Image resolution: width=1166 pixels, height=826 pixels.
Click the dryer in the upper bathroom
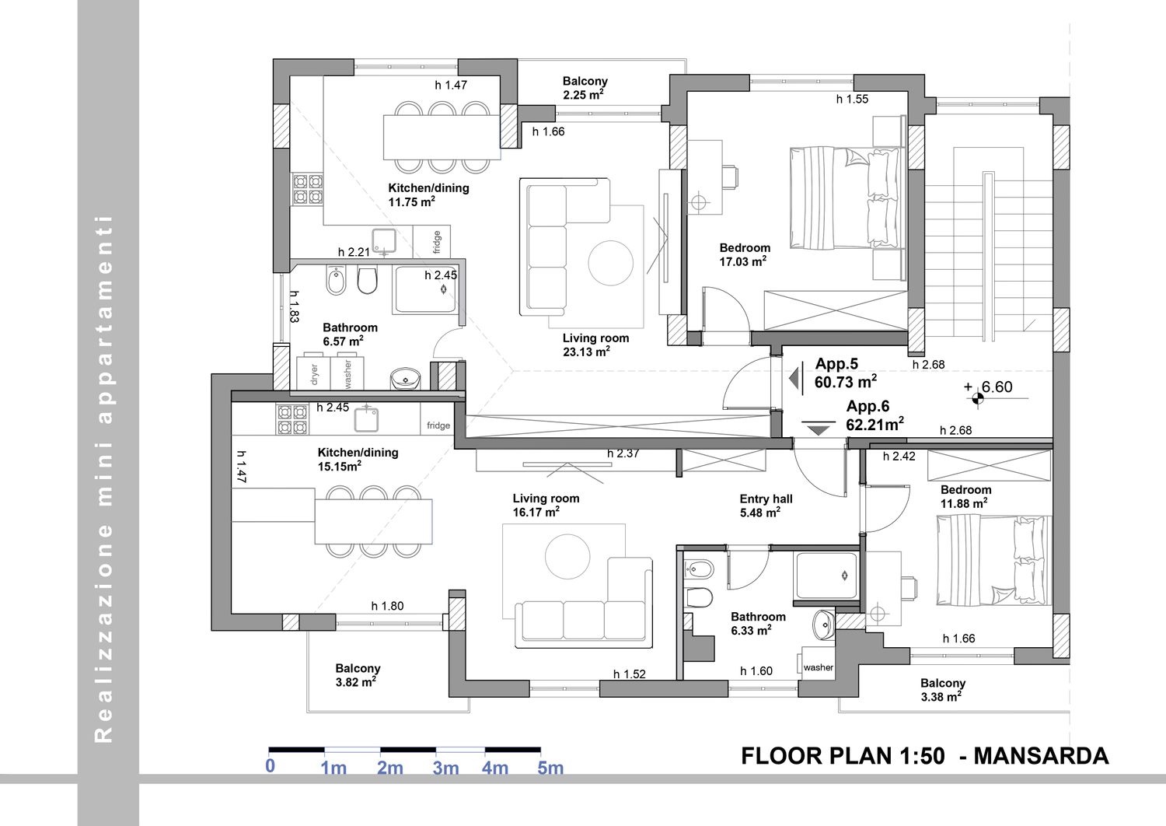point(313,373)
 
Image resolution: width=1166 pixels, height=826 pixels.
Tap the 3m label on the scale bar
point(446,768)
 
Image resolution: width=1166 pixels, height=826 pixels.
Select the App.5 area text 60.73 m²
point(846,381)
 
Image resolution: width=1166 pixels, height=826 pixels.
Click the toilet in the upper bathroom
point(367,280)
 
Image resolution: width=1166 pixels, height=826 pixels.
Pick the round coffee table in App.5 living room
point(610,262)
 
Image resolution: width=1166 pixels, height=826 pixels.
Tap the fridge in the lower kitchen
point(437,420)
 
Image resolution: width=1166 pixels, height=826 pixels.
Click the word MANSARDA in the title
point(1041,756)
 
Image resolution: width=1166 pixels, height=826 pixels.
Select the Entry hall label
point(766,499)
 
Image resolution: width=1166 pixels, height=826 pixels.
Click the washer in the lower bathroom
point(818,663)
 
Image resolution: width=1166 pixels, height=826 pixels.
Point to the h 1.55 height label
point(852,99)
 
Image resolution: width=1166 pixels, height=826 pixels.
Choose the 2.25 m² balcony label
point(583,95)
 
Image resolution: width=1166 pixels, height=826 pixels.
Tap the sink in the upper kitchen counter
point(384,240)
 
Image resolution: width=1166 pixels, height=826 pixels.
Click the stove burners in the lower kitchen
point(292,420)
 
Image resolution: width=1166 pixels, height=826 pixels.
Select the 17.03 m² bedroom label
point(743,261)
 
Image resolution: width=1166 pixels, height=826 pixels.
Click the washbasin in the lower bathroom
point(824,625)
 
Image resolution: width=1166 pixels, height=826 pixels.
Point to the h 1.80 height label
point(387,606)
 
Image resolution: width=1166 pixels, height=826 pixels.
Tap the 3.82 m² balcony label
point(356,682)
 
